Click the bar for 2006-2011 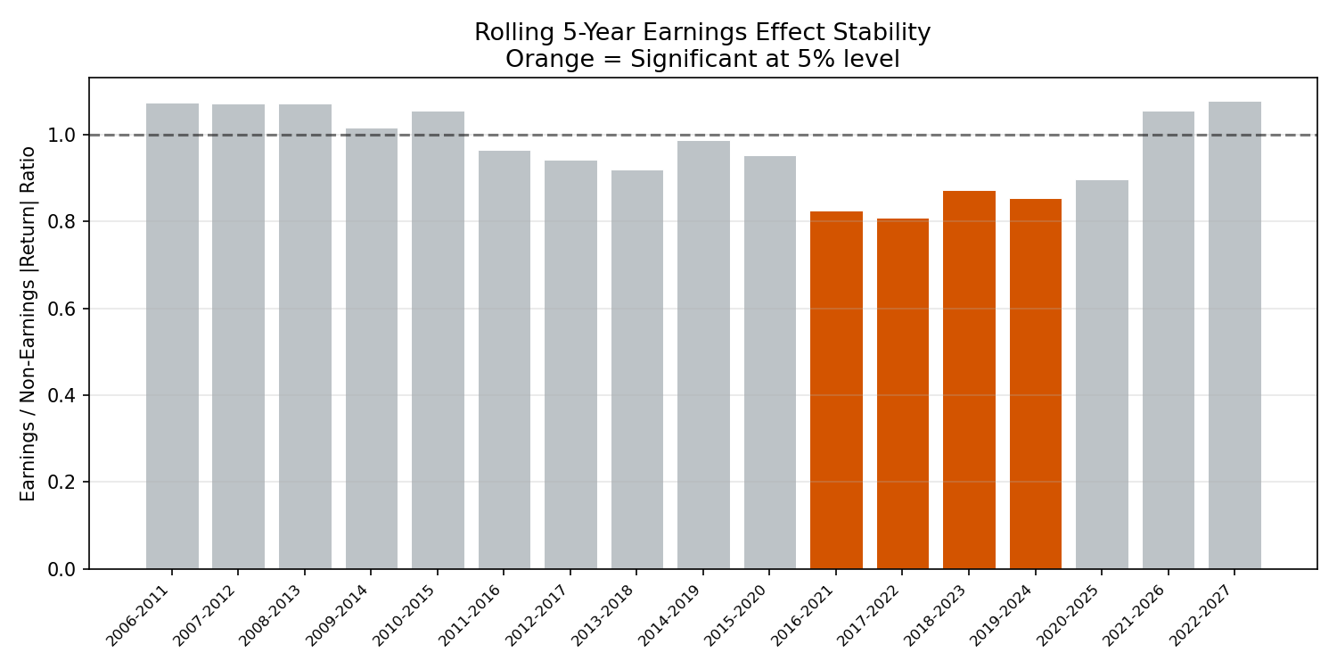(172, 336)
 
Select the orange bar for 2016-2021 (836, 390)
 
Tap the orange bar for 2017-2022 (902, 393)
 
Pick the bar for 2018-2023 (969, 380)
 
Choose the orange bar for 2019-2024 (1036, 384)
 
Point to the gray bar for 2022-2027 (1234, 335)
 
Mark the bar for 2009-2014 (372, 349)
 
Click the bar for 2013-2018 (637, 370)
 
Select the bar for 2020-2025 (1102, 375)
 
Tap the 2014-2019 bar (703, 355)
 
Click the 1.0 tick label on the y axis (62, 136)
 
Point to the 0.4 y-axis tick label (62, 396)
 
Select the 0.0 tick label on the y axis (62, 570)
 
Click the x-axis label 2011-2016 (469, 615)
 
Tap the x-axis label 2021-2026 (1132, 615)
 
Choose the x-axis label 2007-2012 (203, 615)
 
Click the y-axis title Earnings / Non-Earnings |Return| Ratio (28, 324)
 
